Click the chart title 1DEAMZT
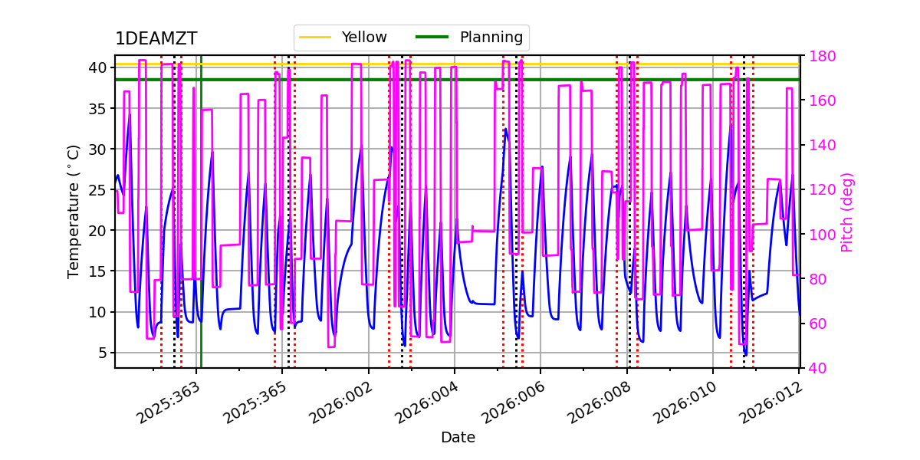(156, 39)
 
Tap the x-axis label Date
(458, 438)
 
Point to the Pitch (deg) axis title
(847, 212)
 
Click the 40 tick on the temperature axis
(97, 67)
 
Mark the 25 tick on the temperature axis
(97, 189)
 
